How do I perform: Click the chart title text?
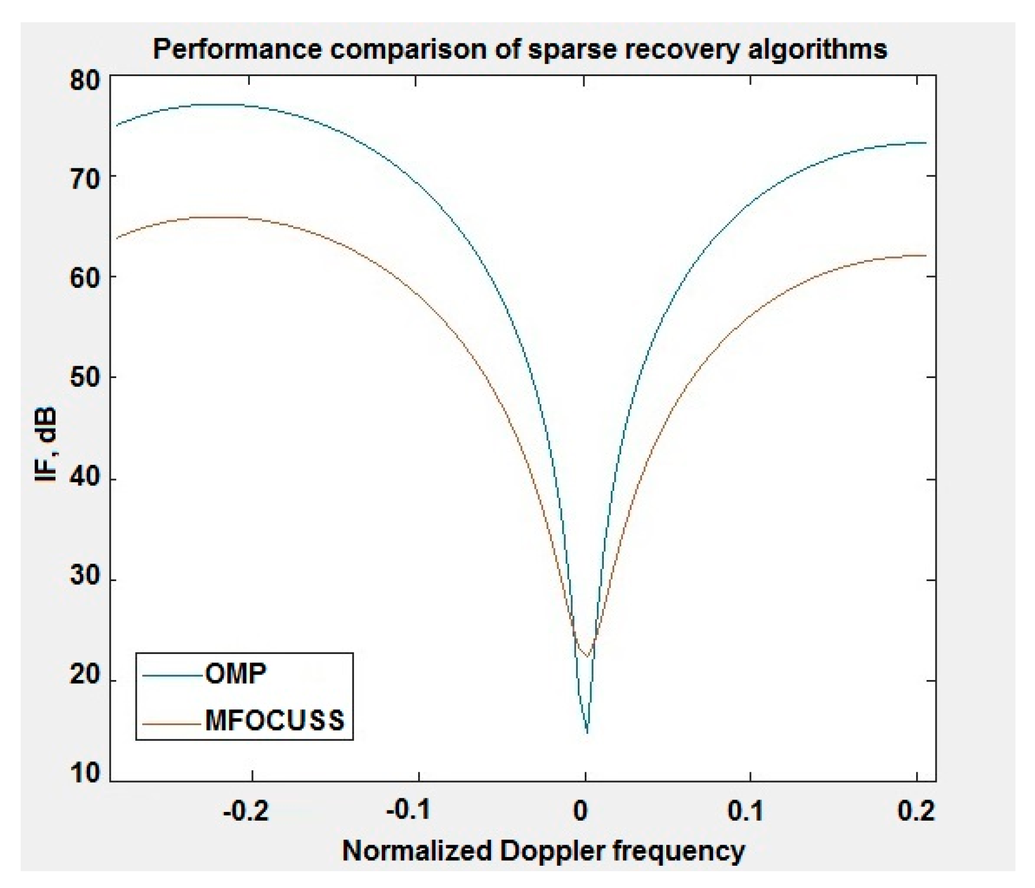(x=520, y=49)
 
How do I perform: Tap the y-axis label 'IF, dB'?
(x=46, y=445)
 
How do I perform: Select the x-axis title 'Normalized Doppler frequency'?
(x=543, y=851)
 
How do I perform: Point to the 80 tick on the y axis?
(x=85, y=80)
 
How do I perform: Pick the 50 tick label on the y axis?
(x=85, y=377)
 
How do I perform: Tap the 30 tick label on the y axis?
(x=85, y=576)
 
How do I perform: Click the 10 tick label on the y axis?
(x=85, y=773)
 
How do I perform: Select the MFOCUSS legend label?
(x=275, y=720)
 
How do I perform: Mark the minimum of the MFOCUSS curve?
(x=586, y=658)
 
